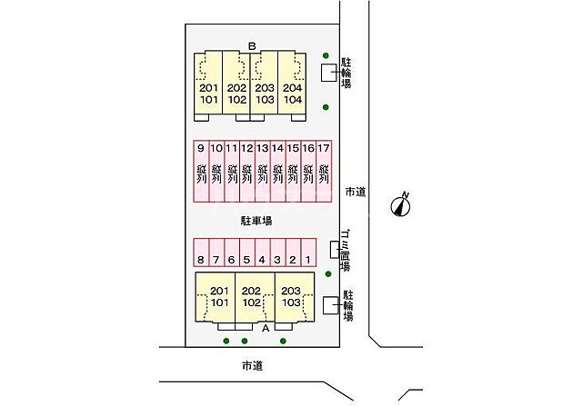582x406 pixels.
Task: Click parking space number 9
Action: tap(201, 171)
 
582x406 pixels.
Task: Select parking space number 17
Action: tap(324, 171)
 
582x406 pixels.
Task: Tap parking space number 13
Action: tap(263, 171)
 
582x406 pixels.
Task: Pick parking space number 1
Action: tap(308, 253)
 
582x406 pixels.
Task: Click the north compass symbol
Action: tap(401, 204)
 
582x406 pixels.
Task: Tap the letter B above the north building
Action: tap(252, 46)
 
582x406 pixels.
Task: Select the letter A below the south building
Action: tap(266, 328)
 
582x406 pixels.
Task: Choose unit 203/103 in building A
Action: tap(295, 297)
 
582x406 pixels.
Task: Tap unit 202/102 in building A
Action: tap(255, 297)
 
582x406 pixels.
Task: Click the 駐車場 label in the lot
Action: tap(256, 221)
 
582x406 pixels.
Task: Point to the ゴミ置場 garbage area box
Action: tap(335, 250)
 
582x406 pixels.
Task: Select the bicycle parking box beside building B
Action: tap(329, 73)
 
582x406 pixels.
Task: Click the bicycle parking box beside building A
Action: tap(331, 305)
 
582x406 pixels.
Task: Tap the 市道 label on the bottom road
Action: tap(253, 366)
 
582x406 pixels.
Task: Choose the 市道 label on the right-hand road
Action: tap(356, 192)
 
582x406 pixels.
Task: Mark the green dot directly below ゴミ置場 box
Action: tap(328, 274)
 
